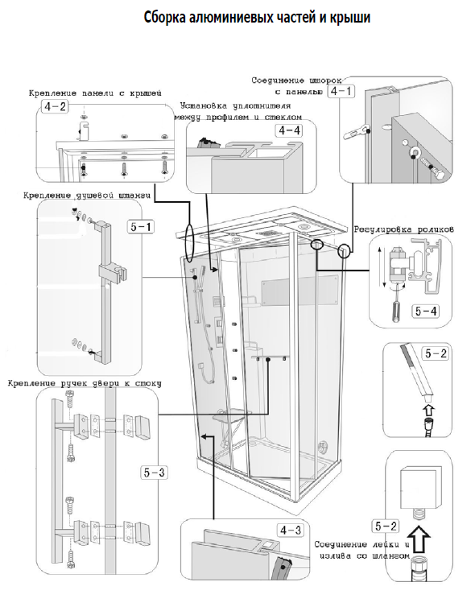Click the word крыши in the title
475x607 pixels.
point(350,19)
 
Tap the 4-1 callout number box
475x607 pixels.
point(341,91)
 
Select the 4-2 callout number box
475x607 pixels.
point(55,106)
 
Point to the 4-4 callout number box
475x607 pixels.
point(288,131)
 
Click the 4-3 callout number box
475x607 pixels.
point(290,530)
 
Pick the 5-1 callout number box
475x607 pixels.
point(141,226)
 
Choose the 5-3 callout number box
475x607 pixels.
point(154,473)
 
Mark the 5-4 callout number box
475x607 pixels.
point(426,311)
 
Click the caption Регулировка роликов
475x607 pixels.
point(404,229)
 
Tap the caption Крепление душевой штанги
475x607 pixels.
point(87,196)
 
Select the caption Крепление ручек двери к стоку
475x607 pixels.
point(85,384)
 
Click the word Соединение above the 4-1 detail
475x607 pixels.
point(278,81)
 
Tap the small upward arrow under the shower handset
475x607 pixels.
point(429,410)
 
